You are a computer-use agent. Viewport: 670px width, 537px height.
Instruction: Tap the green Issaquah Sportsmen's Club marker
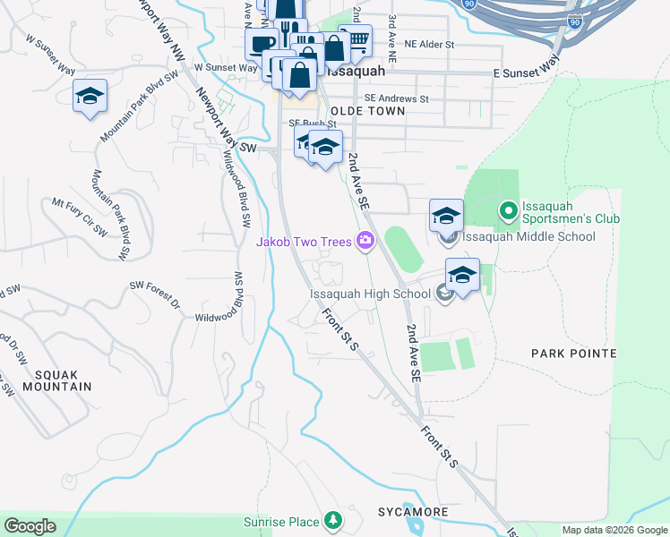[x=507, y=211]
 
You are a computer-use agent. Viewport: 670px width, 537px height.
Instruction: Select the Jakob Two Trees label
[x=305, y=241]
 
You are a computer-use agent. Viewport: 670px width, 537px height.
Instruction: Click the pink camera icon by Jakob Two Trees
[x=365, y=240]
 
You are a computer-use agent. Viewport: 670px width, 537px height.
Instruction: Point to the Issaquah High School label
[x=370, y=294]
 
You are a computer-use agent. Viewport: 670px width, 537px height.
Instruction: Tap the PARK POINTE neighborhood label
[x=573, y=354]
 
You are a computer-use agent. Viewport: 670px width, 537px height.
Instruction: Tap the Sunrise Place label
[x=281, y=522]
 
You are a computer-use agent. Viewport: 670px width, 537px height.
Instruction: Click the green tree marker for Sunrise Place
[x=333, y=520]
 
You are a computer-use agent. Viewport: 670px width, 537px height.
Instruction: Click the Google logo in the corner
[x=29, y=525]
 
